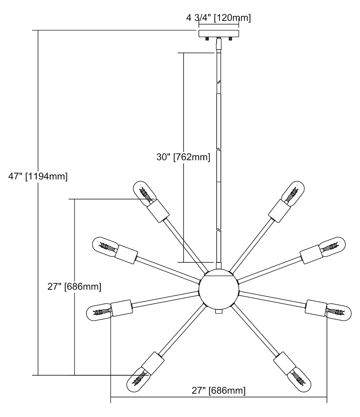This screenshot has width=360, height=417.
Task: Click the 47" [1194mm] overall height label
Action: [38, 177]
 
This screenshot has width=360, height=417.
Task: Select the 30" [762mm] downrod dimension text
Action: [183, 157]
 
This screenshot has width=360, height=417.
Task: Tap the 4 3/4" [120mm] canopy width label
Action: [218, 18]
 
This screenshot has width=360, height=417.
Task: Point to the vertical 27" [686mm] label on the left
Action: [74, 286]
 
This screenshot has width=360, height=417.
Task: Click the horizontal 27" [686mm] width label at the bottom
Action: [219, 391]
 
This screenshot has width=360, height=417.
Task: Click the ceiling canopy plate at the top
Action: [219, 33]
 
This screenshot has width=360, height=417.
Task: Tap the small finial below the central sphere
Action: [219, 312]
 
